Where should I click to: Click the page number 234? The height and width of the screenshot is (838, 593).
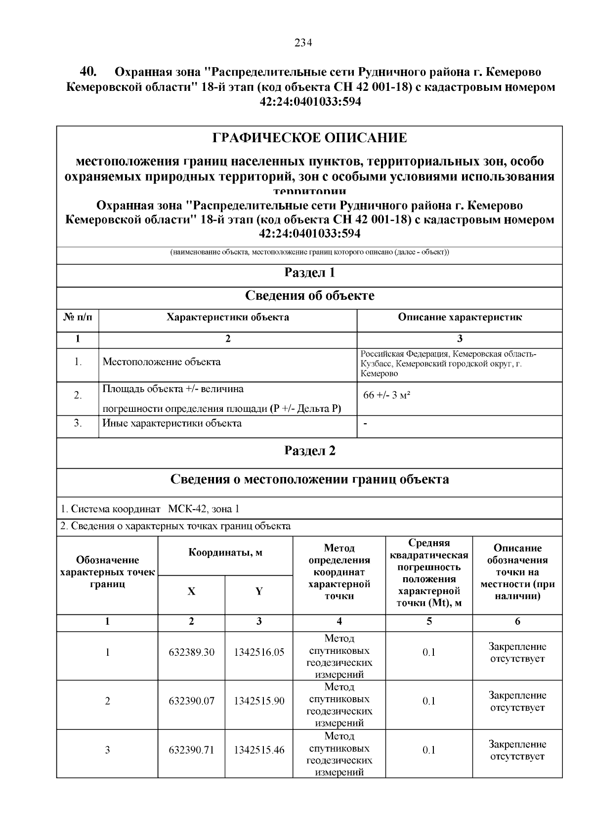(x=303, y=42)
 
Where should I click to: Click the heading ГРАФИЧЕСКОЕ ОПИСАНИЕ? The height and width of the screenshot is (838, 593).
(x=309, y=138)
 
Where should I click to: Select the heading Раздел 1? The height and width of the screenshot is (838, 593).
(x=309, y=273)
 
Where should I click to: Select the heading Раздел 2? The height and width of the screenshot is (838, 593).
(x=309, y=451)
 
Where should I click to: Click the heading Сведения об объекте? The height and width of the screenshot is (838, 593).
(x=309, y=296)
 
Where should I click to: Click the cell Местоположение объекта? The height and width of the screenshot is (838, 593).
(x=162, y=362)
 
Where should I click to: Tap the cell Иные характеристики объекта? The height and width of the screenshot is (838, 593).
(x=172, y=423)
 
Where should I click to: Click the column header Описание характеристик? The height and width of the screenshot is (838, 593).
(x=460, y=318)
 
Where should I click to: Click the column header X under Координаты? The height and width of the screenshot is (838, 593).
(x=191, y=592)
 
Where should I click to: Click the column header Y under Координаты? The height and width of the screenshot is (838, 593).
(x=259, y=592)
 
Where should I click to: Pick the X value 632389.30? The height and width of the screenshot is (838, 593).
(x=191, y=652)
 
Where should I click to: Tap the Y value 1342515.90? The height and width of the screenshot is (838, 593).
(x=259, y=701)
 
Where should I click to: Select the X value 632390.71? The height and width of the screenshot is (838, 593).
(x=191, y=750)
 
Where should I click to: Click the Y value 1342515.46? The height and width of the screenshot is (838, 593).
(x=259, y=750)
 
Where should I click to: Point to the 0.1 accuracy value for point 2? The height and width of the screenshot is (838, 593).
(x=429, y=701)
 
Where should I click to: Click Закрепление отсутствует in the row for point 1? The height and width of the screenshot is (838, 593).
(x=517, y=652)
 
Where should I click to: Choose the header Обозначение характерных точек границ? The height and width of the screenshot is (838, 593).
(x=107, y=572)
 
